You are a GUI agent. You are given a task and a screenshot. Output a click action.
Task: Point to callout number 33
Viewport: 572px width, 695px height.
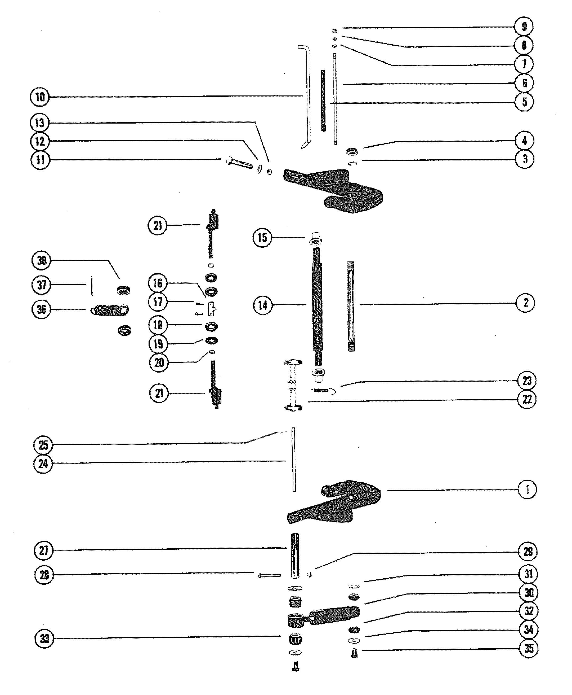(x=44, y=639)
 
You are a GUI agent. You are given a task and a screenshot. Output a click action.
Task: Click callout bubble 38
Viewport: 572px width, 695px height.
(x=42, y=261)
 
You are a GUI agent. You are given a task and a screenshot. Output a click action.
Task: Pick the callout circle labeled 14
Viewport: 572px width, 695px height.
(x=263, y=305)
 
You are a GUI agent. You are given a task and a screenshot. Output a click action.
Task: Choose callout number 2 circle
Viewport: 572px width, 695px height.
(x=525, y=303)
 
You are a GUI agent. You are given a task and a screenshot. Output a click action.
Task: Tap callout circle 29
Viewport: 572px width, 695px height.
(x=528, y=552)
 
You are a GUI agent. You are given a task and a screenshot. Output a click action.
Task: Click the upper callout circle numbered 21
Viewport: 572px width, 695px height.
(x=158, y=225)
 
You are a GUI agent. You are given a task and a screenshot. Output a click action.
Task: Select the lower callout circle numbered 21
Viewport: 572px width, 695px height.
(x=159, y=393)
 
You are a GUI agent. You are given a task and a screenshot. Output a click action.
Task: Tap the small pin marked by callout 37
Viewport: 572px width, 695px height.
(x=92, y=286)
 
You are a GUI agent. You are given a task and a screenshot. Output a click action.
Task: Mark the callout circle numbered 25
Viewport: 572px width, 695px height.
(x=43, y=445)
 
